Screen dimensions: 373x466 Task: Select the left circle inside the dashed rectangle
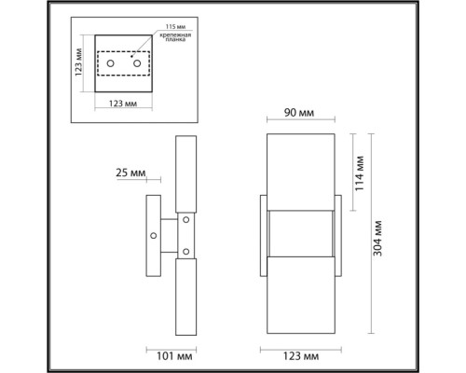[111, 63]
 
